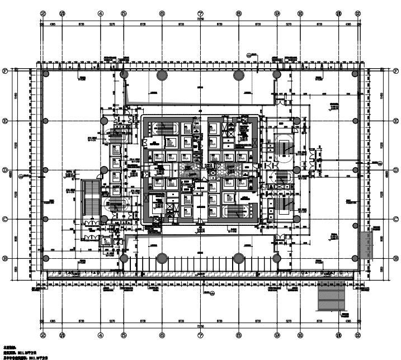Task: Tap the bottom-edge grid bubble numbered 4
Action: pyautogui.click(x=100, y=335)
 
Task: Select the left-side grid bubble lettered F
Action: pyautogui.click(x=5, y=71)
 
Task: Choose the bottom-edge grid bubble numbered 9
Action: pyautogui.click(x=277, y=335)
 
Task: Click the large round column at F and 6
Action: pyautogui.click(x=162, y=74)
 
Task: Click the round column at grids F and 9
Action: pyautogui.click(x=277, y=74)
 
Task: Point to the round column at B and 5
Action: pyautogui.click(x=124, y=258)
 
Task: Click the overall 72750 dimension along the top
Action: pyautogui.click(x=200, y=18)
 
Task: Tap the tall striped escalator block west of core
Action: pyautogui.click(x=89, y=198)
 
